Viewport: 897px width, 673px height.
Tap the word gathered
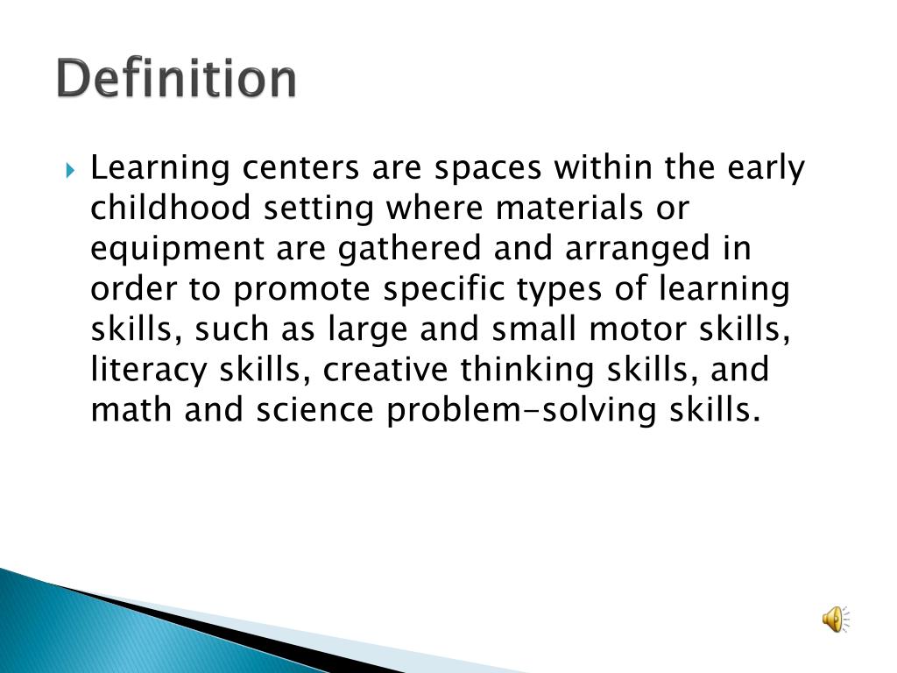[410, 250]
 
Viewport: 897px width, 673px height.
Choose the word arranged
[634, 250]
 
